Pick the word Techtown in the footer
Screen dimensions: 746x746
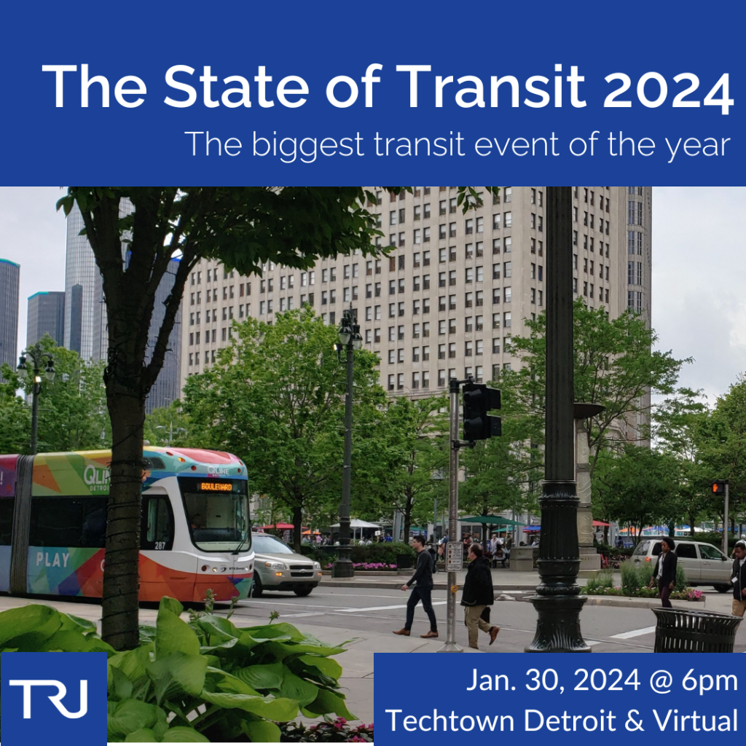tap(451, 721)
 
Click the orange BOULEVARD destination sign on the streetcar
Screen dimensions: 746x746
tap(216, 486)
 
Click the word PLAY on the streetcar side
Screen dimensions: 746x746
tap(52, 559)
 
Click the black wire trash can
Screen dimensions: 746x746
tap(695, 629)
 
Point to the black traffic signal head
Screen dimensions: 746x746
tap(481, 412)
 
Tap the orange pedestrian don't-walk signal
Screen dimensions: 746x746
tap(718, 487)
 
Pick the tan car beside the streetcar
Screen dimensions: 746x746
tap(283, 562)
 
